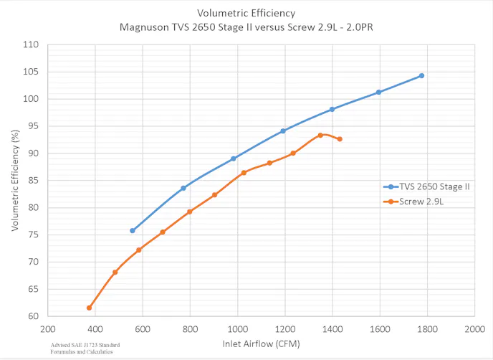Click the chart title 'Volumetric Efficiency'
click(247, 14)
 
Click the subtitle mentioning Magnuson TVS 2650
click(247, 28)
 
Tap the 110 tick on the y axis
click(31, 44)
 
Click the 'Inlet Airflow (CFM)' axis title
click(259, 345)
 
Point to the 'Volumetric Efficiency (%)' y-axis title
click(14, 180)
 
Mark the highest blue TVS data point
click(421, 75)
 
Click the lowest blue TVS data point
click(133, 230)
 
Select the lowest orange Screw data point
click(90, 308)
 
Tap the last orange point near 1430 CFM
click(340, 139)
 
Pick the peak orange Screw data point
click(320, 135)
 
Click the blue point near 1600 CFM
click(378, 92)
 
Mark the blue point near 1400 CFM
click(332, 109)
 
